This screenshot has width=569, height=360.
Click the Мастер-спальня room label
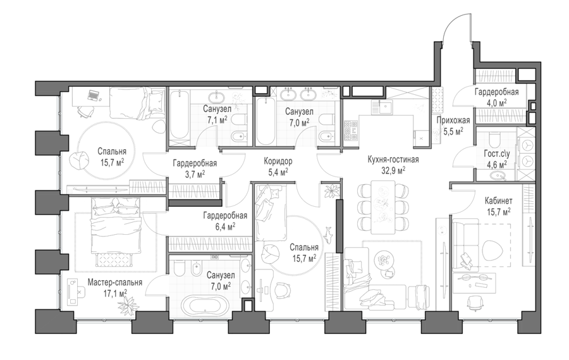coord(114,282)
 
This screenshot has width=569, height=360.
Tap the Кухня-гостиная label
coord(393,159)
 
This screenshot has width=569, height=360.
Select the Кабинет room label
coord(499,201)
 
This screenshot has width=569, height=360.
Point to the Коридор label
coord(278,161)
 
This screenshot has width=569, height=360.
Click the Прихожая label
coord(453,120)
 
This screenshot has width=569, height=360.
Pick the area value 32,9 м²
coord(393,170)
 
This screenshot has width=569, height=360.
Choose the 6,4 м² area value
coord(225,226)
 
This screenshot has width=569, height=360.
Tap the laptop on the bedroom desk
coord(94,96)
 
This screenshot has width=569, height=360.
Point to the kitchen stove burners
coord(350,132)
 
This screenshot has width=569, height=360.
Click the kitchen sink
coord(384,107)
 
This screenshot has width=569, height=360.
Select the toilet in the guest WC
coord(494,139)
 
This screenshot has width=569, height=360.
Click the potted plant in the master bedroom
coord(128,303)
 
